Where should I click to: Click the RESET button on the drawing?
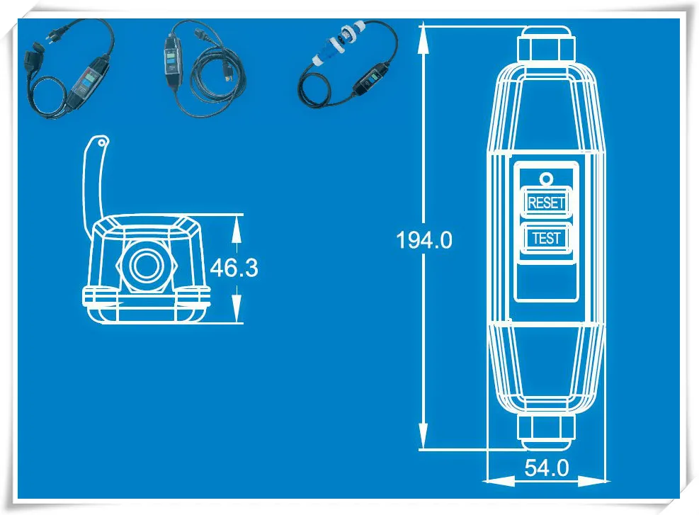click(x=546, y=203)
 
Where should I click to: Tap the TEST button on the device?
click(x=546, y=238)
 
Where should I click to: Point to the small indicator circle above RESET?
click(x=546, y=179)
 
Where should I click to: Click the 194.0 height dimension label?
click(x=424, y=241)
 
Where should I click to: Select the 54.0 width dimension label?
click(x=546, y=468)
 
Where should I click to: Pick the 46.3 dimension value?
click(x=234, y=268)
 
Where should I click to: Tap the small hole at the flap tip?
click(x=103, y=143)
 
